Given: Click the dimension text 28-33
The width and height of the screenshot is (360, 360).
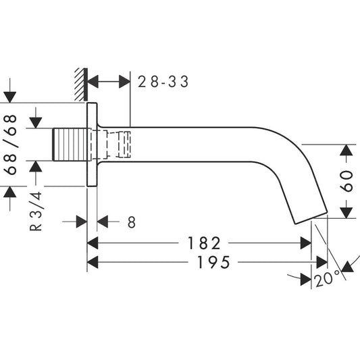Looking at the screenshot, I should click(163, 82).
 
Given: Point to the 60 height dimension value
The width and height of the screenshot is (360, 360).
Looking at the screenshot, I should click(347, 181).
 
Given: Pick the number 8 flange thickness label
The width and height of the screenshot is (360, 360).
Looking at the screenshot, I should click(131, 222).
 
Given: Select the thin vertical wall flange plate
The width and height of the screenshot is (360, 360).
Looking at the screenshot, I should click(93, 145).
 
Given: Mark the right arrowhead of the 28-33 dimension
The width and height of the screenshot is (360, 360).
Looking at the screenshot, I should click(124, 82).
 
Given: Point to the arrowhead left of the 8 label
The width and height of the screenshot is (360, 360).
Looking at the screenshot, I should click(81, 222).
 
